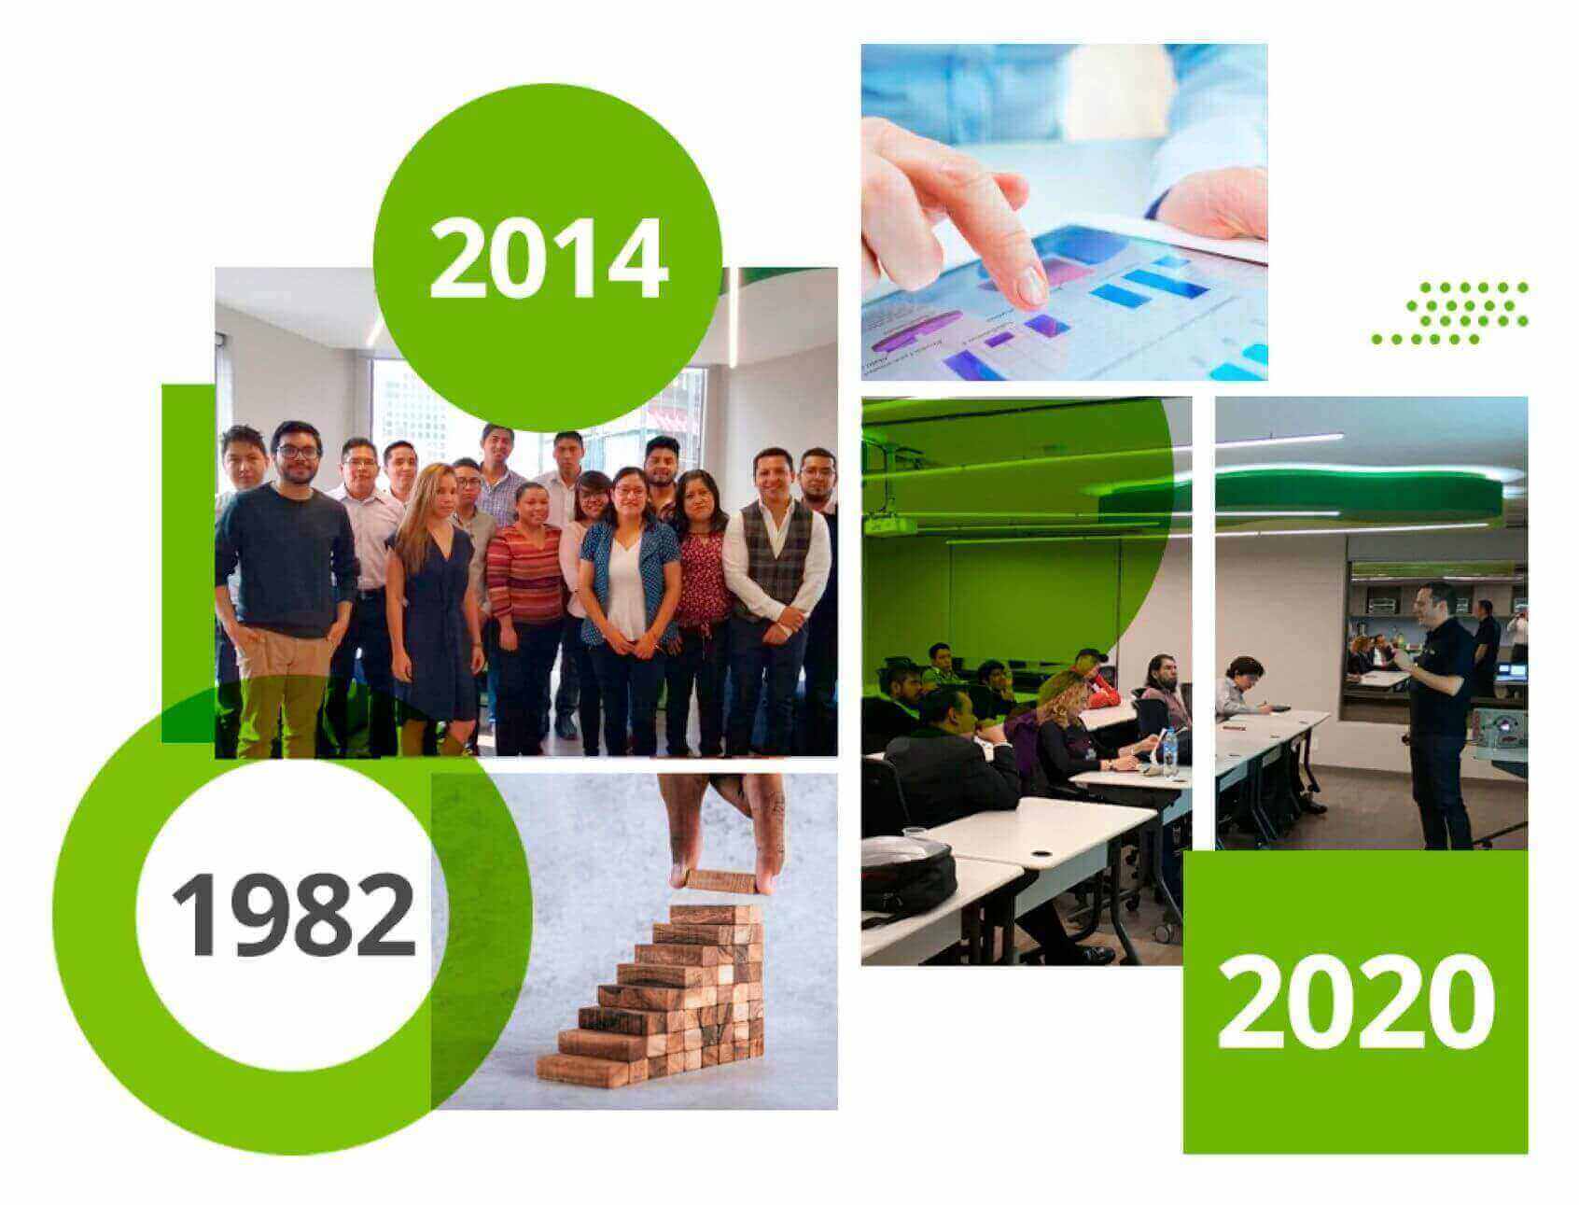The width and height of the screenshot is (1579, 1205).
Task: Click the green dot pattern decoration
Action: pos(1449,313)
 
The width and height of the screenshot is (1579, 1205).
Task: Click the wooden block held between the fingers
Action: pos(718,878)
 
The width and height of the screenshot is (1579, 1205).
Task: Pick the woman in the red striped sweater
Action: pos(524,607)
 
